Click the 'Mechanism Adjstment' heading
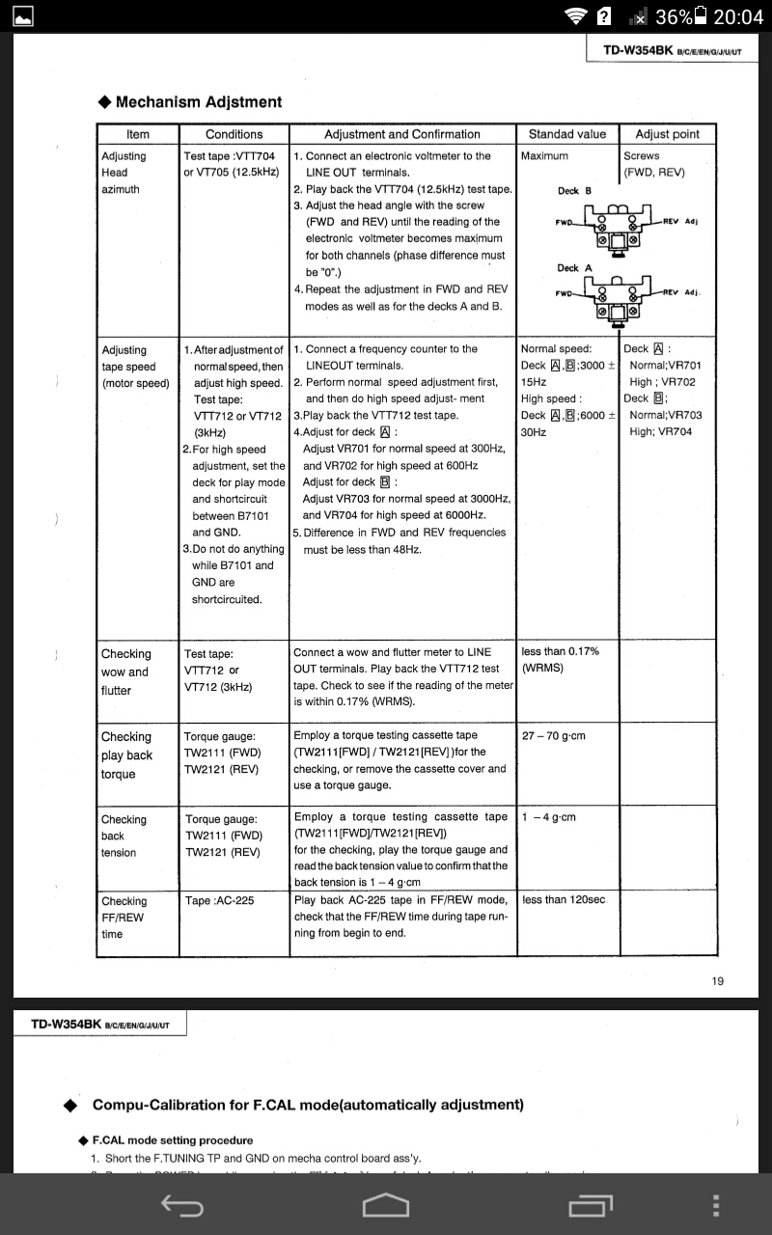pos(198,102)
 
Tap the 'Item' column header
pos(138,134)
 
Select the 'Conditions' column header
pos(234,134)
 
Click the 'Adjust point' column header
pos(667,134)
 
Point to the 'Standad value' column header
pos(566,134)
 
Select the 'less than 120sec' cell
pos(564,899)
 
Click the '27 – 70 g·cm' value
pos(554,735)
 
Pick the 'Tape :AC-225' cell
pos(220,901)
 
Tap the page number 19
pos(718,981)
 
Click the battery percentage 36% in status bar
pos(673,16)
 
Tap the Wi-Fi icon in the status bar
pos(577,16)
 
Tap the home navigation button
pos(385,1205)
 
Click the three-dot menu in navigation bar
pos(715,1205)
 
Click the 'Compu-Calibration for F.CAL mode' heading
pos(308,1105)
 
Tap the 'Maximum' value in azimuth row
pos(544,156)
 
